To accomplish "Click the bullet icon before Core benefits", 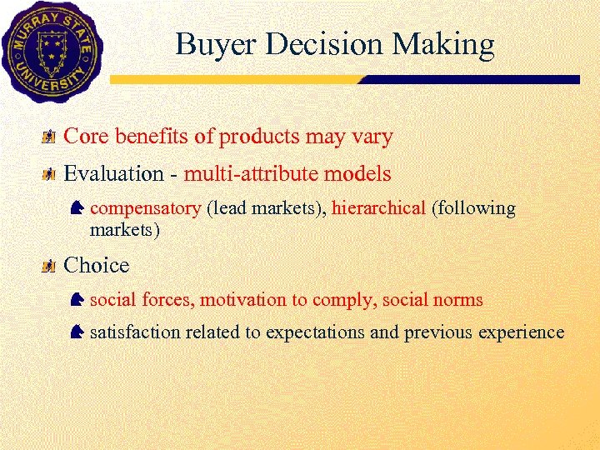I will pos(50,136).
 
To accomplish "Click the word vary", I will pos(372,136).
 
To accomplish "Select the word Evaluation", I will pos(114,174).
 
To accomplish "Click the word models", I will pos(356,174).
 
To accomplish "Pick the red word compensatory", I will pos(145,208).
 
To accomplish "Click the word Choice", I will pos(97,266).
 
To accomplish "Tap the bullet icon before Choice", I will pos(50,266).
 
